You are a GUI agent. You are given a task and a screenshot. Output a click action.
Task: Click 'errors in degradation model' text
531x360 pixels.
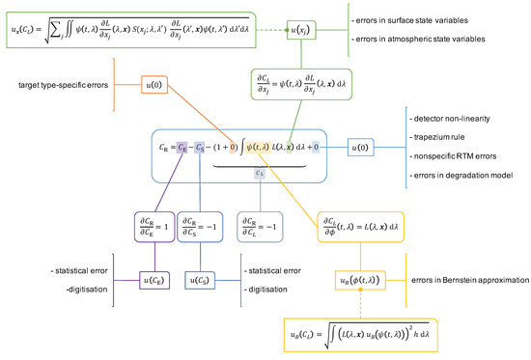(459, 175)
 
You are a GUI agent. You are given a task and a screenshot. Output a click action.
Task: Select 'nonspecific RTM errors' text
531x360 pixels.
(452, 156)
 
